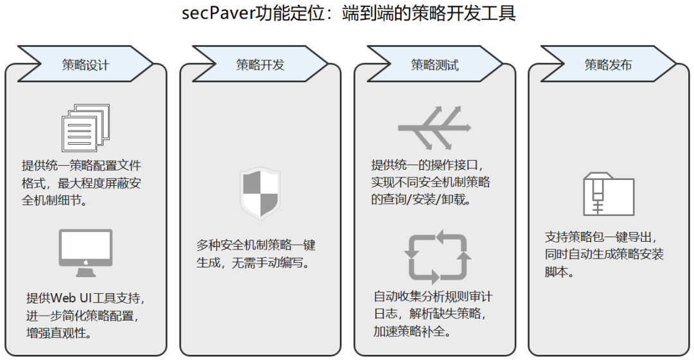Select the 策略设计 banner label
(85, 65)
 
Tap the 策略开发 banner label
(260, 65)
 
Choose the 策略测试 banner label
(435, 65)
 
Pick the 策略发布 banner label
(608, 65)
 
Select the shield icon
(260, 193)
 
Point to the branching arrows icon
(435, 127)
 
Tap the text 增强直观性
(58, 333)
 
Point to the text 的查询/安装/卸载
(421, 199)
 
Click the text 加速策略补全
(412, 332)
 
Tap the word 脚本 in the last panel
(556, 271)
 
